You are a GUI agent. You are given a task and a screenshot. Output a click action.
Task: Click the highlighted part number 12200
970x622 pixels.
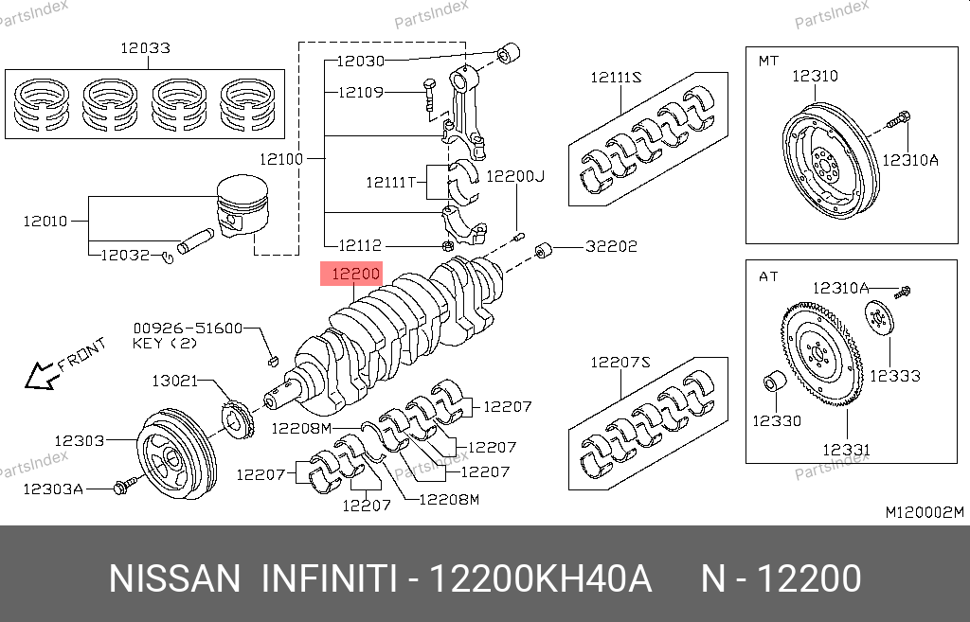(355, 274)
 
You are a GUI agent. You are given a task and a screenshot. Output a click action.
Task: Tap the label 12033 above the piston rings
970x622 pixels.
(145, 47)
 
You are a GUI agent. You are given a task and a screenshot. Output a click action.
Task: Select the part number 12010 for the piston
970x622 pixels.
(45, 221)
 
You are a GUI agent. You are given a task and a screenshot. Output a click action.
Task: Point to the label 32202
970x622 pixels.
(611, 246)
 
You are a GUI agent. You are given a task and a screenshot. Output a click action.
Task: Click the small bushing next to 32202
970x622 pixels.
(543, 250)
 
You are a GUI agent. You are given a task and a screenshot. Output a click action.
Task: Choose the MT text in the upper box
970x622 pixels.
(768, 61)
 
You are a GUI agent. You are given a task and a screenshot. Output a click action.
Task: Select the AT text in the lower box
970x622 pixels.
(768, 276)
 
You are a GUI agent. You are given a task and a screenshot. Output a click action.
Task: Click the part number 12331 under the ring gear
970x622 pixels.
(846, 450)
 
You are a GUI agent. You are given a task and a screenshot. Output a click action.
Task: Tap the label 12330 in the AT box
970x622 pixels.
(777, 420)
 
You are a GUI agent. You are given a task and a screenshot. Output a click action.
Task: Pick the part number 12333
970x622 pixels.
(894, 375)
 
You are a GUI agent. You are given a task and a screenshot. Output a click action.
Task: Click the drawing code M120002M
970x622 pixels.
(925, 512)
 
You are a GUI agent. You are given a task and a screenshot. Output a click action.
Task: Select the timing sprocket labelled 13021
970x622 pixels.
(237, 420)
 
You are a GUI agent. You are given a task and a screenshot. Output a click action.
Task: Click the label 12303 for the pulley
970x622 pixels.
(80, 441)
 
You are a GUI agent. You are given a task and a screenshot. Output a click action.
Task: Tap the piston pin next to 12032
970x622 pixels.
(195, 240)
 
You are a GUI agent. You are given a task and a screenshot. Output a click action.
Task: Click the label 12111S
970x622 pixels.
(616, 78)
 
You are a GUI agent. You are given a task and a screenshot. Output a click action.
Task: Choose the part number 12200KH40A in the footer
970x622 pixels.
(540, 579)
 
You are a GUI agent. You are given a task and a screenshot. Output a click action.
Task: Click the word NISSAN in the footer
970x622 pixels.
(174, 579)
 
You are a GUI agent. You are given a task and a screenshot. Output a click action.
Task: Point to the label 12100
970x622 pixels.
(281, 159)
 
